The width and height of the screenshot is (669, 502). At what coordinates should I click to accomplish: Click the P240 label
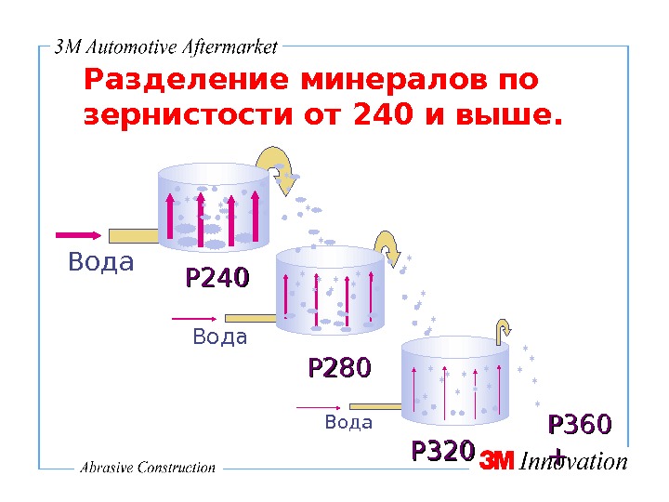point(217,278)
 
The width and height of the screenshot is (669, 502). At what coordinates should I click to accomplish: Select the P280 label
point(339,368)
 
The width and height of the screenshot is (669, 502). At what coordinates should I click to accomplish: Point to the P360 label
point(580,425)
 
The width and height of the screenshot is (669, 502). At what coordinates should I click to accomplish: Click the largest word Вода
point(101,263)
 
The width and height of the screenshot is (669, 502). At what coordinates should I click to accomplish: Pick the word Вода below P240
point(220,337)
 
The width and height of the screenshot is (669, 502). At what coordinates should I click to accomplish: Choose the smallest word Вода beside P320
point(348,423)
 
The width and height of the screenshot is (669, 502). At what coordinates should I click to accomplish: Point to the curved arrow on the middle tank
point(388,245)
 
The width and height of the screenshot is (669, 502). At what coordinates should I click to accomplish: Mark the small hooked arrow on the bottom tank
point(503,330)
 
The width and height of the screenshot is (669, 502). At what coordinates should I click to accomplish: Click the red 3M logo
point(496,462)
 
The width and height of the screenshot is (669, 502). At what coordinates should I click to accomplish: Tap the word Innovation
point(573,461)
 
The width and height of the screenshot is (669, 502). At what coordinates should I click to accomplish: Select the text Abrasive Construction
point(148,468)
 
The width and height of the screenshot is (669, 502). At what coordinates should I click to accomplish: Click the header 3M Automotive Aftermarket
point(167,47)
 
